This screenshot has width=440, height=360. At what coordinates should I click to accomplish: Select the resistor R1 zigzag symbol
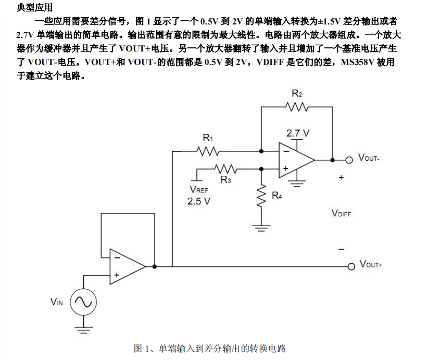(208, 151)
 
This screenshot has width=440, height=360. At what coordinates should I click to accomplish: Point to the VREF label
(199, 190)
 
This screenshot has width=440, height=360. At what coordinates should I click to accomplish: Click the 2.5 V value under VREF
(199, 201)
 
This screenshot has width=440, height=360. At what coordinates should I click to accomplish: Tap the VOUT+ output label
(371, 265)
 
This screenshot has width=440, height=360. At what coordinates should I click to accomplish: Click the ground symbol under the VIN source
(83, 328)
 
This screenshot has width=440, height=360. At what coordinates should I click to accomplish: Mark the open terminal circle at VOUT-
(350, 159)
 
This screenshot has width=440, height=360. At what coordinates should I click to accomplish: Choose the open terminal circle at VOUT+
(351, 266)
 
